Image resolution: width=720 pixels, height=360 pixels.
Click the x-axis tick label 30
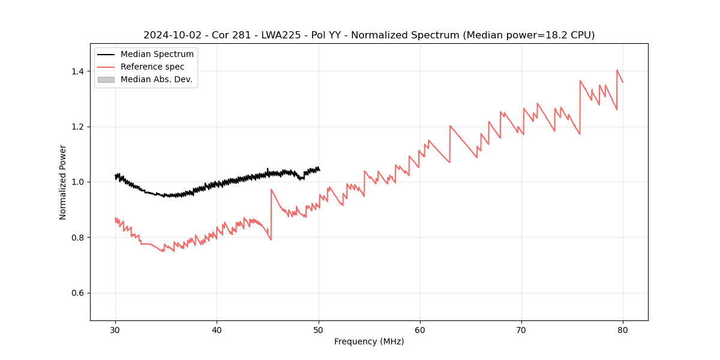click(115, 330)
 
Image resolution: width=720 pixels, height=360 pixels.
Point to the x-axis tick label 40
click(217, 330)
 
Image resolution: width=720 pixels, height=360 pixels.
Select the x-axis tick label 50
click(318, 330)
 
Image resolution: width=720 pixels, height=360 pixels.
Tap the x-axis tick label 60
click(419, 330)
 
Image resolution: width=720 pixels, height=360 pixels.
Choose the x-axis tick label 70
click(521, 330)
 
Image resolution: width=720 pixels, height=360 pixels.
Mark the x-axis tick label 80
click(623, 330)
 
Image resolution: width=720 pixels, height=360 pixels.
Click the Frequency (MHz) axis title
click(369, 341)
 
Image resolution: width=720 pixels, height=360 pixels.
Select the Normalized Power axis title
click(63, 182)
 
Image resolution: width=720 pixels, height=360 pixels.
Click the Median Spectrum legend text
click(157, 55)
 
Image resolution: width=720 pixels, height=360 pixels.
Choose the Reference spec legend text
click(152, 67)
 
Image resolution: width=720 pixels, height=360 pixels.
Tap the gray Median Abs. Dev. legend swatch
click(106, 80)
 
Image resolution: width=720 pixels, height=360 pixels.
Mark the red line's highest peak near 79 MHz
click(617, 70)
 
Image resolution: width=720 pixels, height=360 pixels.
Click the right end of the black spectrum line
click(319, 170)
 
